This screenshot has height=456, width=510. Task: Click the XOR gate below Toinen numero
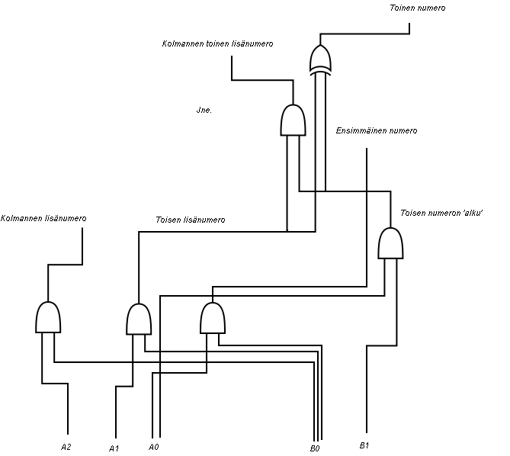[x=321, y=59]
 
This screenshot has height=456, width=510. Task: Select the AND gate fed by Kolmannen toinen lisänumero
[x=293, y=120]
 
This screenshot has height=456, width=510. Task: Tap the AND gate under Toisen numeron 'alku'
[x=390, y=244]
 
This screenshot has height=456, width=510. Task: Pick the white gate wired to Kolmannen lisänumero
[x=48, y=317]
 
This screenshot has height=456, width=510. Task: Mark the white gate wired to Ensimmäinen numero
[x=213, y=318]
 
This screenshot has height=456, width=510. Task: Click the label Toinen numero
[x=417, y=8]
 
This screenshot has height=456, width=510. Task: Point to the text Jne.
[x=204, y=111]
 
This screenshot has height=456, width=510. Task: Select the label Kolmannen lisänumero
[x=43, y=218]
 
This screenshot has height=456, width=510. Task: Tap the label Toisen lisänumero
[x=190, y=220]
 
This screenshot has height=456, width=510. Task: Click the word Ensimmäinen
[x=361, y=130]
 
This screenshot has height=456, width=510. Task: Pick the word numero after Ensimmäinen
[x=403, y=130]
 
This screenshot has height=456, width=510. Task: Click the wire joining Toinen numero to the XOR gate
[x=366, y=34]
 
